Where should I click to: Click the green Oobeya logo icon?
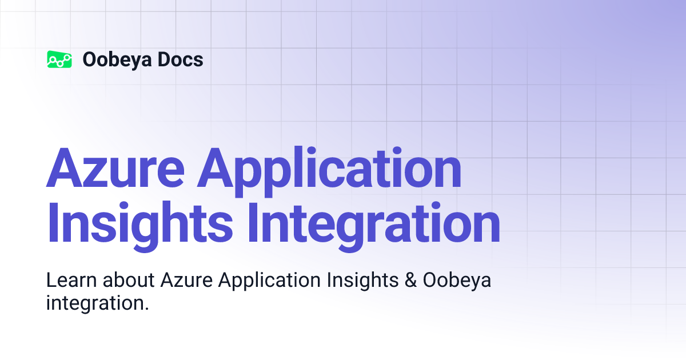point(59,59)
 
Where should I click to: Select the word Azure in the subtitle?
point(188,281)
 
